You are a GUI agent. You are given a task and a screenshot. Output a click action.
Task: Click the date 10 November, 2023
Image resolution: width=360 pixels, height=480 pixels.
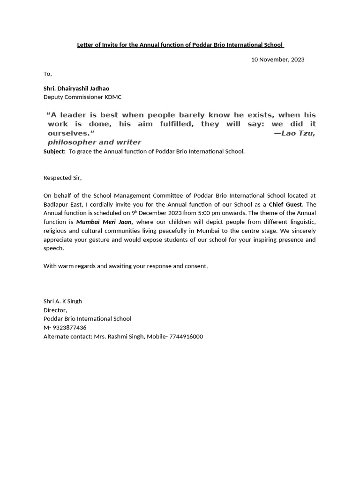point(277,60)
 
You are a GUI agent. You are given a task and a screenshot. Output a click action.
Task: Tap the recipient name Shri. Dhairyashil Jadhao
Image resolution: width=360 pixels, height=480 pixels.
point(76,88)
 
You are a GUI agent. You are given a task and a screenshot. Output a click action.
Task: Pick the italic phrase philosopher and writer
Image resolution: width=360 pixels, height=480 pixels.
point(94,142)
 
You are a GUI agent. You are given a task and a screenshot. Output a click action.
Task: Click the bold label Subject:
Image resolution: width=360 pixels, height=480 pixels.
point(54,151)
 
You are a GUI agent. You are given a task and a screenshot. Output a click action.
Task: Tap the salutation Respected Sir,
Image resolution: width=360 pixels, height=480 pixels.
point(62,178)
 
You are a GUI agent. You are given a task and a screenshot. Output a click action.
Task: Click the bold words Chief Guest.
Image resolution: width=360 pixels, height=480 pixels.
point(286,204)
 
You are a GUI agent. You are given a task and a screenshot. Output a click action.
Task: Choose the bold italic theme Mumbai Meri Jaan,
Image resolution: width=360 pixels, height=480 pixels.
point(105,222)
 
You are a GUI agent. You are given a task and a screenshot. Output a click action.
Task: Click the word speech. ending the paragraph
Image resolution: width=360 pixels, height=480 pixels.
point(53,248)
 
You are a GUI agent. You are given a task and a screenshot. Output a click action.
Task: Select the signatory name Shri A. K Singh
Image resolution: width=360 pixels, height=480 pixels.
point(63,301)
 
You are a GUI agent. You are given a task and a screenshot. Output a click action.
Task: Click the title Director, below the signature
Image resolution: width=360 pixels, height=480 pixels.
point(55,310)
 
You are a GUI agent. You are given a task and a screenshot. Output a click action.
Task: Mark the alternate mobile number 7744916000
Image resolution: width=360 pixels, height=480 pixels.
point(186,337)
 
